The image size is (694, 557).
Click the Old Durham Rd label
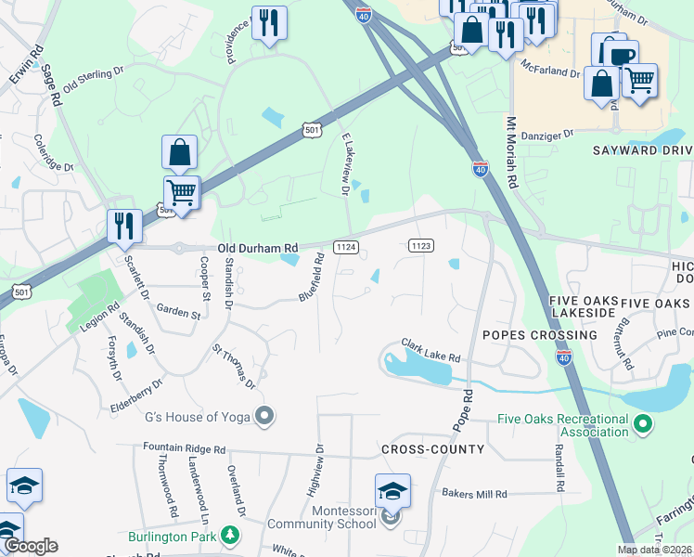pyautogui.click(x=258, y=248)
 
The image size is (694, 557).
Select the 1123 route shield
pyautogui.click(x=420, y=245)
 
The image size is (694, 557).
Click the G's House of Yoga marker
pyautogui.click(x=264, y=416)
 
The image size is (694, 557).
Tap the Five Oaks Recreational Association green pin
pyautogui.click(x=641, y=426)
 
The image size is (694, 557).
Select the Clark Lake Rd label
pyautogui.click(x=431, y=350)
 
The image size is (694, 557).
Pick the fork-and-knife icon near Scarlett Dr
pyautogui.click(x=123, y=226)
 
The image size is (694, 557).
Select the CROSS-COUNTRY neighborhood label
pyautogui.click(x=432, y=449)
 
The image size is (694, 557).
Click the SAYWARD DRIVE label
pyautogui.click(x=643, y=150)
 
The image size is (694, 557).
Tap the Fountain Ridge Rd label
pyautogui.click(x=185, y=448)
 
